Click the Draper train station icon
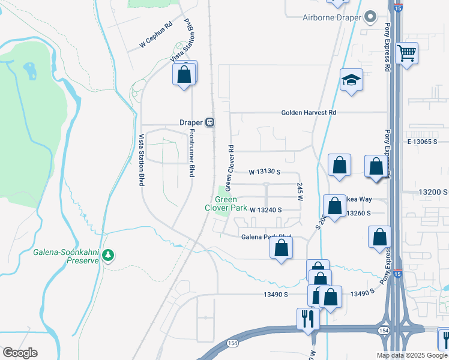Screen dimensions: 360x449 click(209, 122)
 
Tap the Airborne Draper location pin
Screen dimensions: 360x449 click(370, 17)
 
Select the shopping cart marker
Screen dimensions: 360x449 click(407, 54)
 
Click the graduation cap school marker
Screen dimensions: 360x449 click(351, 79)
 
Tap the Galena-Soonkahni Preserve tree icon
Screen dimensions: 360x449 click(108, 255)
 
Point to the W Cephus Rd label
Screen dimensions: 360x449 click(155, 35)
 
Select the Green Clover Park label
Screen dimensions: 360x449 click(226, 204)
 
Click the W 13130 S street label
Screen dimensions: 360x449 click(265, 172)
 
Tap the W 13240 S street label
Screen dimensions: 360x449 click(266, 209)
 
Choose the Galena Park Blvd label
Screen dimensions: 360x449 click(266, 237)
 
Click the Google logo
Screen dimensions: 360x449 click(20, 353)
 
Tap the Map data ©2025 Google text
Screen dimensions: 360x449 click(411, 355)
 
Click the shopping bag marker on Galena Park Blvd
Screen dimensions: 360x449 click(281, 248)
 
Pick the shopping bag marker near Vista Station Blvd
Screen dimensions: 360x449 click(184, 75)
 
